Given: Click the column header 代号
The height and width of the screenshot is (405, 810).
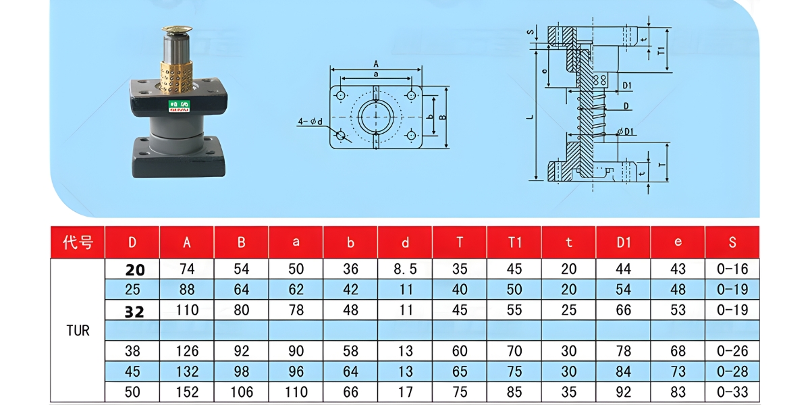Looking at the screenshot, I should click(78, 242).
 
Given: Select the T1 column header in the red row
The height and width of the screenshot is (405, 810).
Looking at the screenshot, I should click(514, 242).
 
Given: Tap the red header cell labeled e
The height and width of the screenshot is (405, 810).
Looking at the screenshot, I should click(677, 242).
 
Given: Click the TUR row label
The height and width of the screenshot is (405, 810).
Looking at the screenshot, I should click(78, 331).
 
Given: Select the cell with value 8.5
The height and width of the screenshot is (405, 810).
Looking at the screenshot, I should click(405, 269).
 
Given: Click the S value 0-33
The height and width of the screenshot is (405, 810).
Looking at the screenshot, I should click(732, 392).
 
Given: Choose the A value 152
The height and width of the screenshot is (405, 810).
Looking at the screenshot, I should click(187, 392).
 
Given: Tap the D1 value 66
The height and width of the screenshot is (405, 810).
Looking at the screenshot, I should click(623, 310).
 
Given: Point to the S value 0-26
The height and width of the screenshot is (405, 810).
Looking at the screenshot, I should click(732, 351).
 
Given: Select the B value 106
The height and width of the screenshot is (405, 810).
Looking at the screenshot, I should click(241, 392).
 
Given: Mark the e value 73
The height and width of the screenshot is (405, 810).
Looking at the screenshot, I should click(678, 372).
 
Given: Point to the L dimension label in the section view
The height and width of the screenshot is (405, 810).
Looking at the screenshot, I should click(531, 116).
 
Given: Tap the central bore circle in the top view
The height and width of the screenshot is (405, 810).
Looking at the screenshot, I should click(375, 117).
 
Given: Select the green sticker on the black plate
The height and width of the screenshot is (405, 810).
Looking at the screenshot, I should click(179, 105).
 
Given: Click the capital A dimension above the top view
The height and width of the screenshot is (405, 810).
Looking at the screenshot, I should click(375, 63).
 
